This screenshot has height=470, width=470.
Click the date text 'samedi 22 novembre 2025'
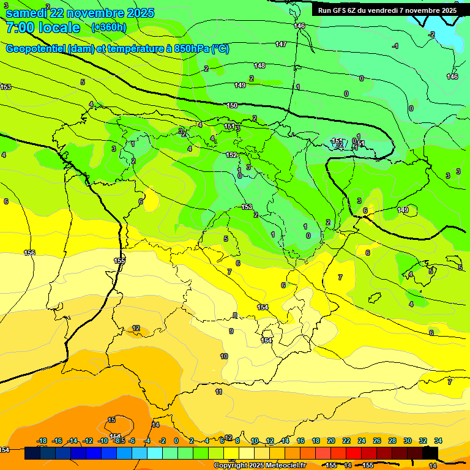(80, 13)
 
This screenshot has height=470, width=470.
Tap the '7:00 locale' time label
(43, 28)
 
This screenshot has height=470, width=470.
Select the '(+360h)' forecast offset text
(109, 28)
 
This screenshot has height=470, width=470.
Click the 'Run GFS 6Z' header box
(387, 10)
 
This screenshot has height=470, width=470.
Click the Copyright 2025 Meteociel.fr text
(259, 466)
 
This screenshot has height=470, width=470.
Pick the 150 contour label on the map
(232, 106)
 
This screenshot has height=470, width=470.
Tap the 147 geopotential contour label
(280, 44)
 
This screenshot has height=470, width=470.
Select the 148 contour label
(259, 65)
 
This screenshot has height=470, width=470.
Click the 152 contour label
(231, 155)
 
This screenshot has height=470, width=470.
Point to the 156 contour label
(29, 253)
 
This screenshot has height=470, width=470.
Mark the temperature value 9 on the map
(231, 331)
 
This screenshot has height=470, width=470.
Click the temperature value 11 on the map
(218, 392)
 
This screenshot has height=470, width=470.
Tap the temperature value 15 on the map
(111, 420)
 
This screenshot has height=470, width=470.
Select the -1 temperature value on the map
(395, 46)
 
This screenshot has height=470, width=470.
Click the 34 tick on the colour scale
(438, 441)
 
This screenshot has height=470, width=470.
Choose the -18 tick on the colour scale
(42, 441)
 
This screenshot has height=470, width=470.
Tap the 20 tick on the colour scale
(331, 441)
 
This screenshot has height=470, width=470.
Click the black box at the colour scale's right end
(430, 453)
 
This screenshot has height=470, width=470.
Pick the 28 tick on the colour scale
(392, 441)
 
